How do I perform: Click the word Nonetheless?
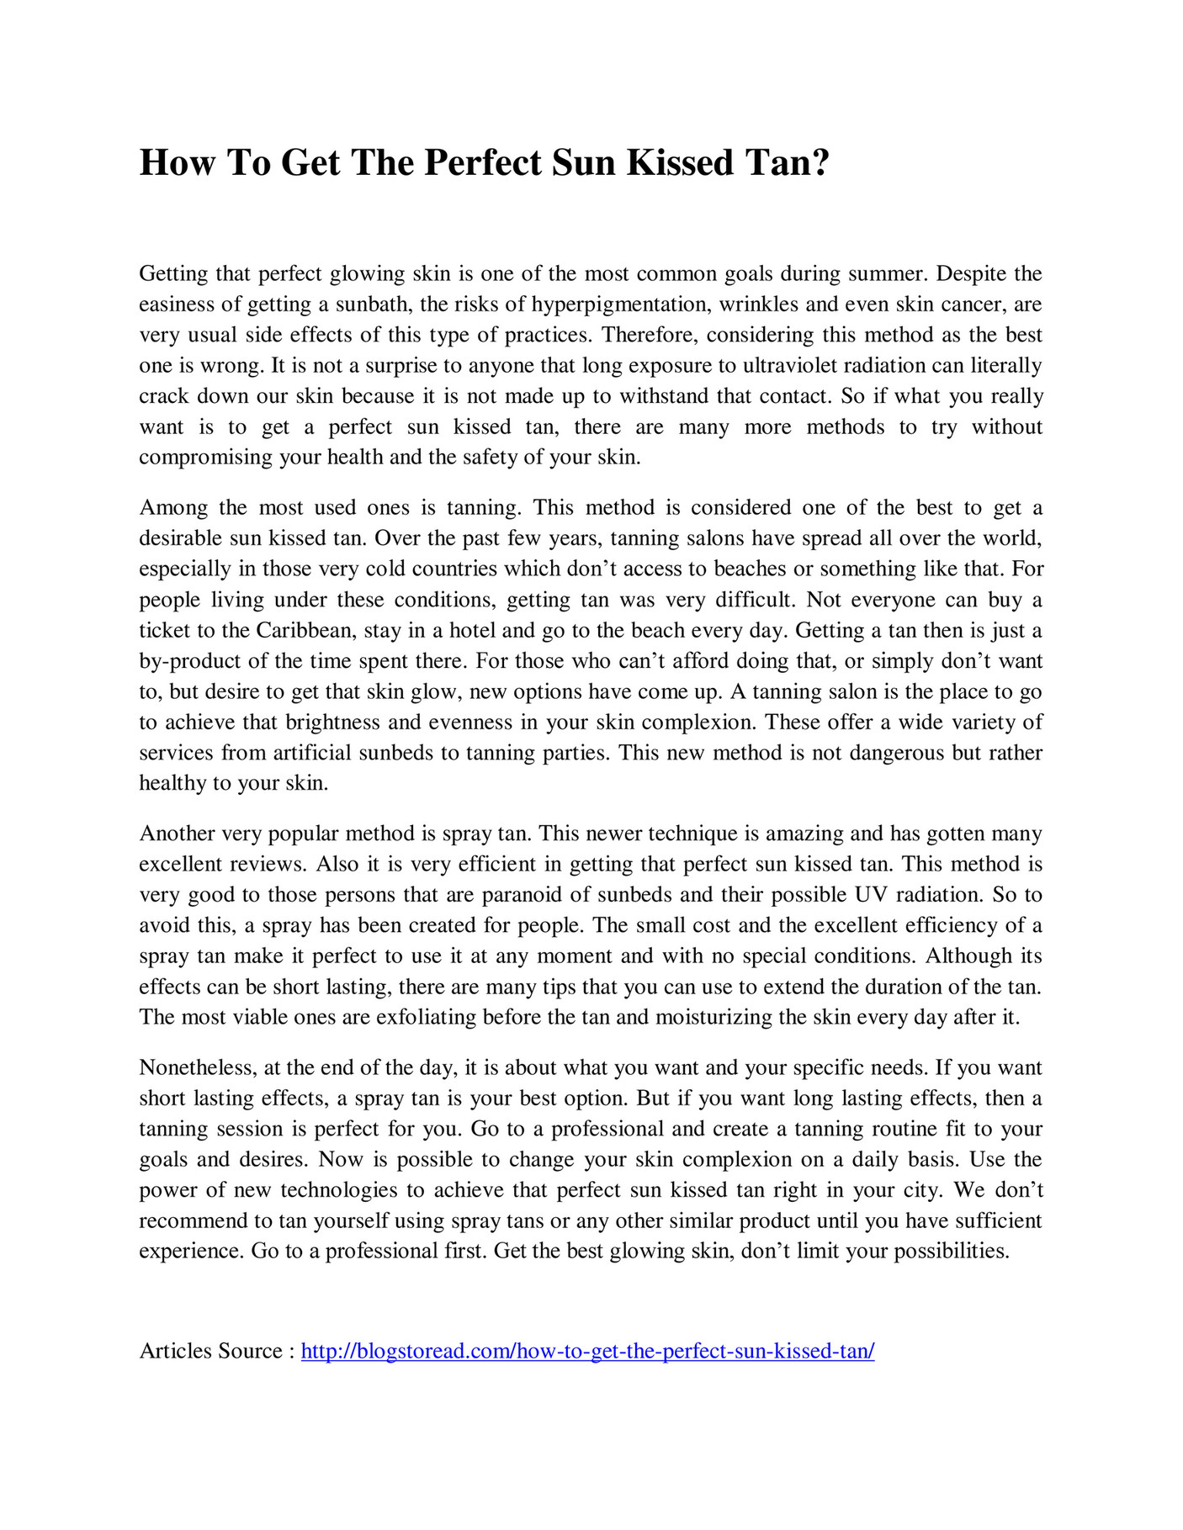tap(197, 1068)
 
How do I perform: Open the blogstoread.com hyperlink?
tap(587, 1352)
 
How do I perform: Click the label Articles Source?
tap(210, 1352)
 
